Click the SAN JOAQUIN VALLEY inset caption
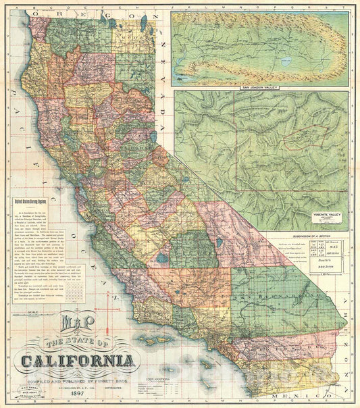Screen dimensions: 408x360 click(259, 88)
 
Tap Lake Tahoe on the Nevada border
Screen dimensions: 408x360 click(153, 143)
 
